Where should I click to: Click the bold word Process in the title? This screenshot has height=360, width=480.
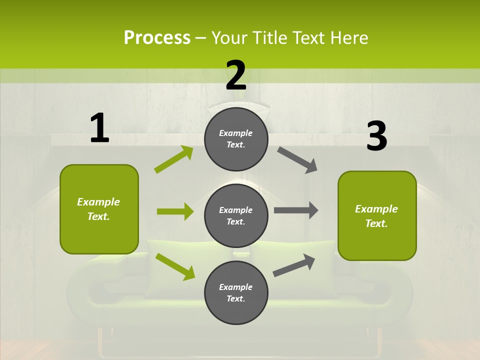point(157,37)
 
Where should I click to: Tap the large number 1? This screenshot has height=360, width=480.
point(99,128)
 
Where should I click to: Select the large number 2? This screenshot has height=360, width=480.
point(236,75)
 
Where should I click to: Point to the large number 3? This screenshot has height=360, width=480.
point(376,136)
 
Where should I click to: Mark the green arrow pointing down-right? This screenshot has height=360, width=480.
point(175,266)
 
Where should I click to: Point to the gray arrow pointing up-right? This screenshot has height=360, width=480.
point(294,265)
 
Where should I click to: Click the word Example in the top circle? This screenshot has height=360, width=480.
point(236,133)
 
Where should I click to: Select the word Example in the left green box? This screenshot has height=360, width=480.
point(98,202)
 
